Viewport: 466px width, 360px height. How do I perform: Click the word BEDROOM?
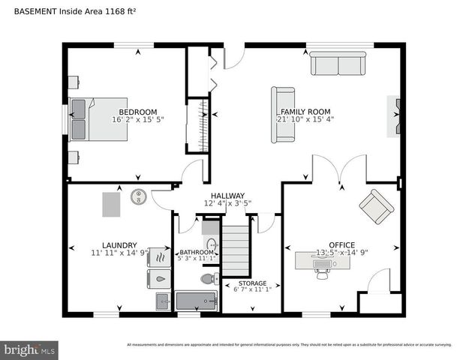pyautogui.click(x=137, y=112)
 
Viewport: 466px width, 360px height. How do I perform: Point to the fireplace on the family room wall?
pyautogui.click(x=393, y=116)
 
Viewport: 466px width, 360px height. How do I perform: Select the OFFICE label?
pyautogui.click(x=341, y=245)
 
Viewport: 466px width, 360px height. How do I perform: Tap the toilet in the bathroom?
pyautogui.click(x=209, y=279)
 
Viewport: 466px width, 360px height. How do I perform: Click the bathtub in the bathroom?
pyautogui.click(x=196, y=301)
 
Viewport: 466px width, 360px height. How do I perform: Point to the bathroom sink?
pyautogui.click(x=212, y=244)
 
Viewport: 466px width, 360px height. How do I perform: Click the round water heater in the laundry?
pyautogui.click(x=139, y=197)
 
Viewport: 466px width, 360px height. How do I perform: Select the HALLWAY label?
pyautogui.click(x=227, y=195)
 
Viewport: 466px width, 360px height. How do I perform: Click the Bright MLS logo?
pyautogui.click(x=29, y=349)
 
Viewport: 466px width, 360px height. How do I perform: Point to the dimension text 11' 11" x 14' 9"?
pyautogui.click(x=119, y=253)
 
